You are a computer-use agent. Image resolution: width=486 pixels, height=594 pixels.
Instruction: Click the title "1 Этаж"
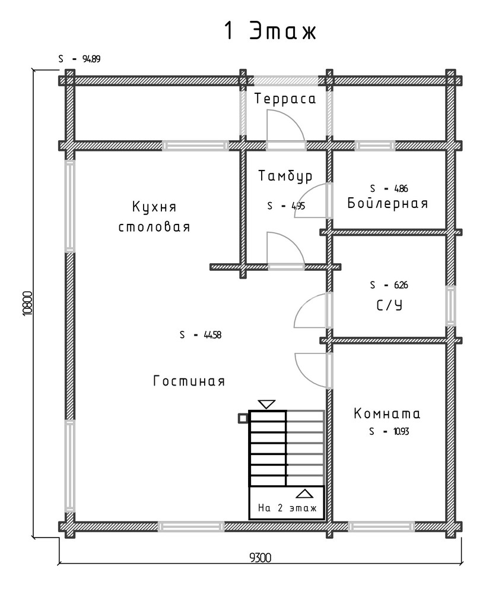click(270, 31)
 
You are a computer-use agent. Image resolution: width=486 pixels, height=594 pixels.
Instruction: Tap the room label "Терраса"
click(285, 99)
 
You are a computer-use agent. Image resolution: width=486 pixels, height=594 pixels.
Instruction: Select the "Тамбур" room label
click(286, 176)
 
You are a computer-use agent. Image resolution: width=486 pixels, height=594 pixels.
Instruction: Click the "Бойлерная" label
click(387, 203)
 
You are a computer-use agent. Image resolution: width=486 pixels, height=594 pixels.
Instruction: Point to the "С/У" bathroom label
click(389, 305)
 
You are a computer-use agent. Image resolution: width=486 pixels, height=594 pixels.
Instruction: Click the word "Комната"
click(387, 413)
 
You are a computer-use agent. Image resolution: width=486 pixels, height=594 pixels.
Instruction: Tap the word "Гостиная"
click(189, 381)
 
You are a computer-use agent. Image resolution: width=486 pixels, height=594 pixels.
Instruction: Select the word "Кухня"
click(154, 207)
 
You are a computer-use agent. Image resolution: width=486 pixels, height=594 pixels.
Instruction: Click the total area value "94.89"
click(91, 59)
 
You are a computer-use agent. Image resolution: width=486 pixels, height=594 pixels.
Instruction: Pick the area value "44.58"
click(212, 335)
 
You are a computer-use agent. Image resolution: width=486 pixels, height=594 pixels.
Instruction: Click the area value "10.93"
click(401, 431)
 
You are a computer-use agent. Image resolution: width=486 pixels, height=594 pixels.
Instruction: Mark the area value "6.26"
click(401, 285)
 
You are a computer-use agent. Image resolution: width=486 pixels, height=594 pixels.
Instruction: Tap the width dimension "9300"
click(261, 558)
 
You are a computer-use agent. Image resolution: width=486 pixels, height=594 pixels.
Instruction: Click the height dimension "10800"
click(28, 304)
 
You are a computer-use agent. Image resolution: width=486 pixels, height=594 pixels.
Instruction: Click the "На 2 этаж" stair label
click(287, 508)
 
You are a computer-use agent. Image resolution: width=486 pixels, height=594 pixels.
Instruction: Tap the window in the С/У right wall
click(450, 306)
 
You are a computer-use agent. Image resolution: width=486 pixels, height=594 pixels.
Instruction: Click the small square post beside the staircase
click(243, 418)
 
